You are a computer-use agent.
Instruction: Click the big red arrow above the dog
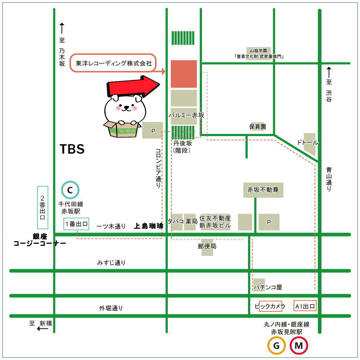(x=133, y=87)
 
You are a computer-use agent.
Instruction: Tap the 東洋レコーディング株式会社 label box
(x=114, y=63)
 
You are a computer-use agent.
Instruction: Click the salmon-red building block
(x=184, y=74)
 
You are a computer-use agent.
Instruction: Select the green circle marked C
(x=70, y=189)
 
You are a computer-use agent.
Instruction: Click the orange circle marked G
(x=276, y=346)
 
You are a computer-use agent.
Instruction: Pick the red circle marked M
(x=299, y=346)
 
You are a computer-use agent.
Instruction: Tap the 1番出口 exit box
(x=76, y=224)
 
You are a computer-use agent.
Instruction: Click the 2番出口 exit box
(x=42, y=208)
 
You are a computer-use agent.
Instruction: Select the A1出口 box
(x=305, y=306)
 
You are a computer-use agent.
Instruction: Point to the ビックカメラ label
(x=270, y=306)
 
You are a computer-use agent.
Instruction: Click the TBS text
(x=72, y=149)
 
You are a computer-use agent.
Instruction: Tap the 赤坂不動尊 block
(x=263, y=190)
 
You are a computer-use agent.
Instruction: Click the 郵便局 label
(x=207, y=247)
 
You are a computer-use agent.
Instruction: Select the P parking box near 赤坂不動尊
(x=269, y=222)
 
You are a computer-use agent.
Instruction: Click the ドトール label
(x=308, y=142)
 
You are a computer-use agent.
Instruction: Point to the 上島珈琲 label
(x=148, y=226)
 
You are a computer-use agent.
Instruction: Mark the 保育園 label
(x=258, y=127)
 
